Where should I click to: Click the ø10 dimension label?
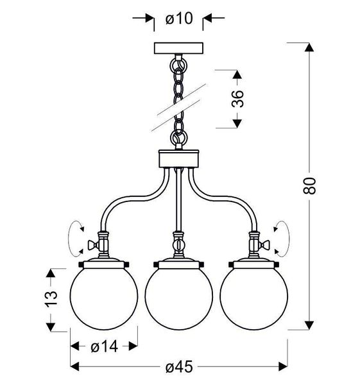point(179,19)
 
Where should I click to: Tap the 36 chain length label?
point(237,99)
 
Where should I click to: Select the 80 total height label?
point(309,185)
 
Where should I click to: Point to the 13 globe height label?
point(51,299)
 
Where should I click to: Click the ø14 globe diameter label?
point(104,346)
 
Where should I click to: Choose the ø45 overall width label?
point(179,367)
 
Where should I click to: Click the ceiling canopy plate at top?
point(178,48)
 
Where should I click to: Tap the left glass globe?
point(104,299)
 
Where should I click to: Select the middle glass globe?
point(179,299)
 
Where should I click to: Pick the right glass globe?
point(253,299)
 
